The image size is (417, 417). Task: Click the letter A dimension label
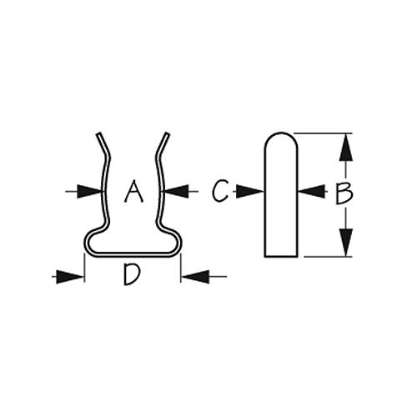134,191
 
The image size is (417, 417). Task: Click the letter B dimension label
344,193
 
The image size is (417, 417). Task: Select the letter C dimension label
220,190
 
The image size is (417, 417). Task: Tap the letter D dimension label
133,274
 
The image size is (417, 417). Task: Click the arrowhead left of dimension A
89,191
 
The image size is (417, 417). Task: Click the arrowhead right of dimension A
176,191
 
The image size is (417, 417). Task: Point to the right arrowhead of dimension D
195,277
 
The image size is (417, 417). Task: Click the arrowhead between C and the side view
249,191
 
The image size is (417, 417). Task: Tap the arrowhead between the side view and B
311,191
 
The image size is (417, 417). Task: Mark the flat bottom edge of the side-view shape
281,256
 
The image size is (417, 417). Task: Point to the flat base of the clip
133,254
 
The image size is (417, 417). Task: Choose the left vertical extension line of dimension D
84,268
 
